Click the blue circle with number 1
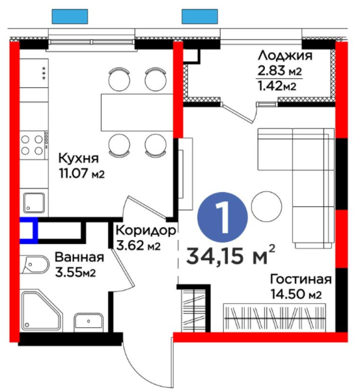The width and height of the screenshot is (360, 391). point(223,217)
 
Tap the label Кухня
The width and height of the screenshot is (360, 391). point(79,159)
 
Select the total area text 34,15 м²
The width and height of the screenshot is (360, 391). point(231,256)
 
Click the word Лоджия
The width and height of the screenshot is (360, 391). point(285,55)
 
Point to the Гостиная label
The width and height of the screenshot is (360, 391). point(301,280)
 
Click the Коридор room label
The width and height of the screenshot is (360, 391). point(146,231)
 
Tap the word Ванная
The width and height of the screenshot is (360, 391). point(79,257)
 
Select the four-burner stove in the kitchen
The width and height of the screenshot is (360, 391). point(35,145)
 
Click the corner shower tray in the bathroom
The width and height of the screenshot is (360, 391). point(42,310)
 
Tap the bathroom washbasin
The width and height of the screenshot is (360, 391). point(89,321)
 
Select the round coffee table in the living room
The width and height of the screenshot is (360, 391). point(267,207)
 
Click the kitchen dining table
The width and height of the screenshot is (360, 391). point(137,113)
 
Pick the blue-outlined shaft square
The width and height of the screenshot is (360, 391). point(29,230)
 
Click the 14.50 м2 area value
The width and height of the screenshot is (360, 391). point(296,294)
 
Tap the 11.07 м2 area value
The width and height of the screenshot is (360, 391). point(81,174)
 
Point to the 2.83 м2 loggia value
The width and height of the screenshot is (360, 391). point(279,71)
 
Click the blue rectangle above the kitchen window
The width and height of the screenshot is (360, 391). point(70,16)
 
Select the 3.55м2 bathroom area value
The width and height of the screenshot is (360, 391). point(76,273)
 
